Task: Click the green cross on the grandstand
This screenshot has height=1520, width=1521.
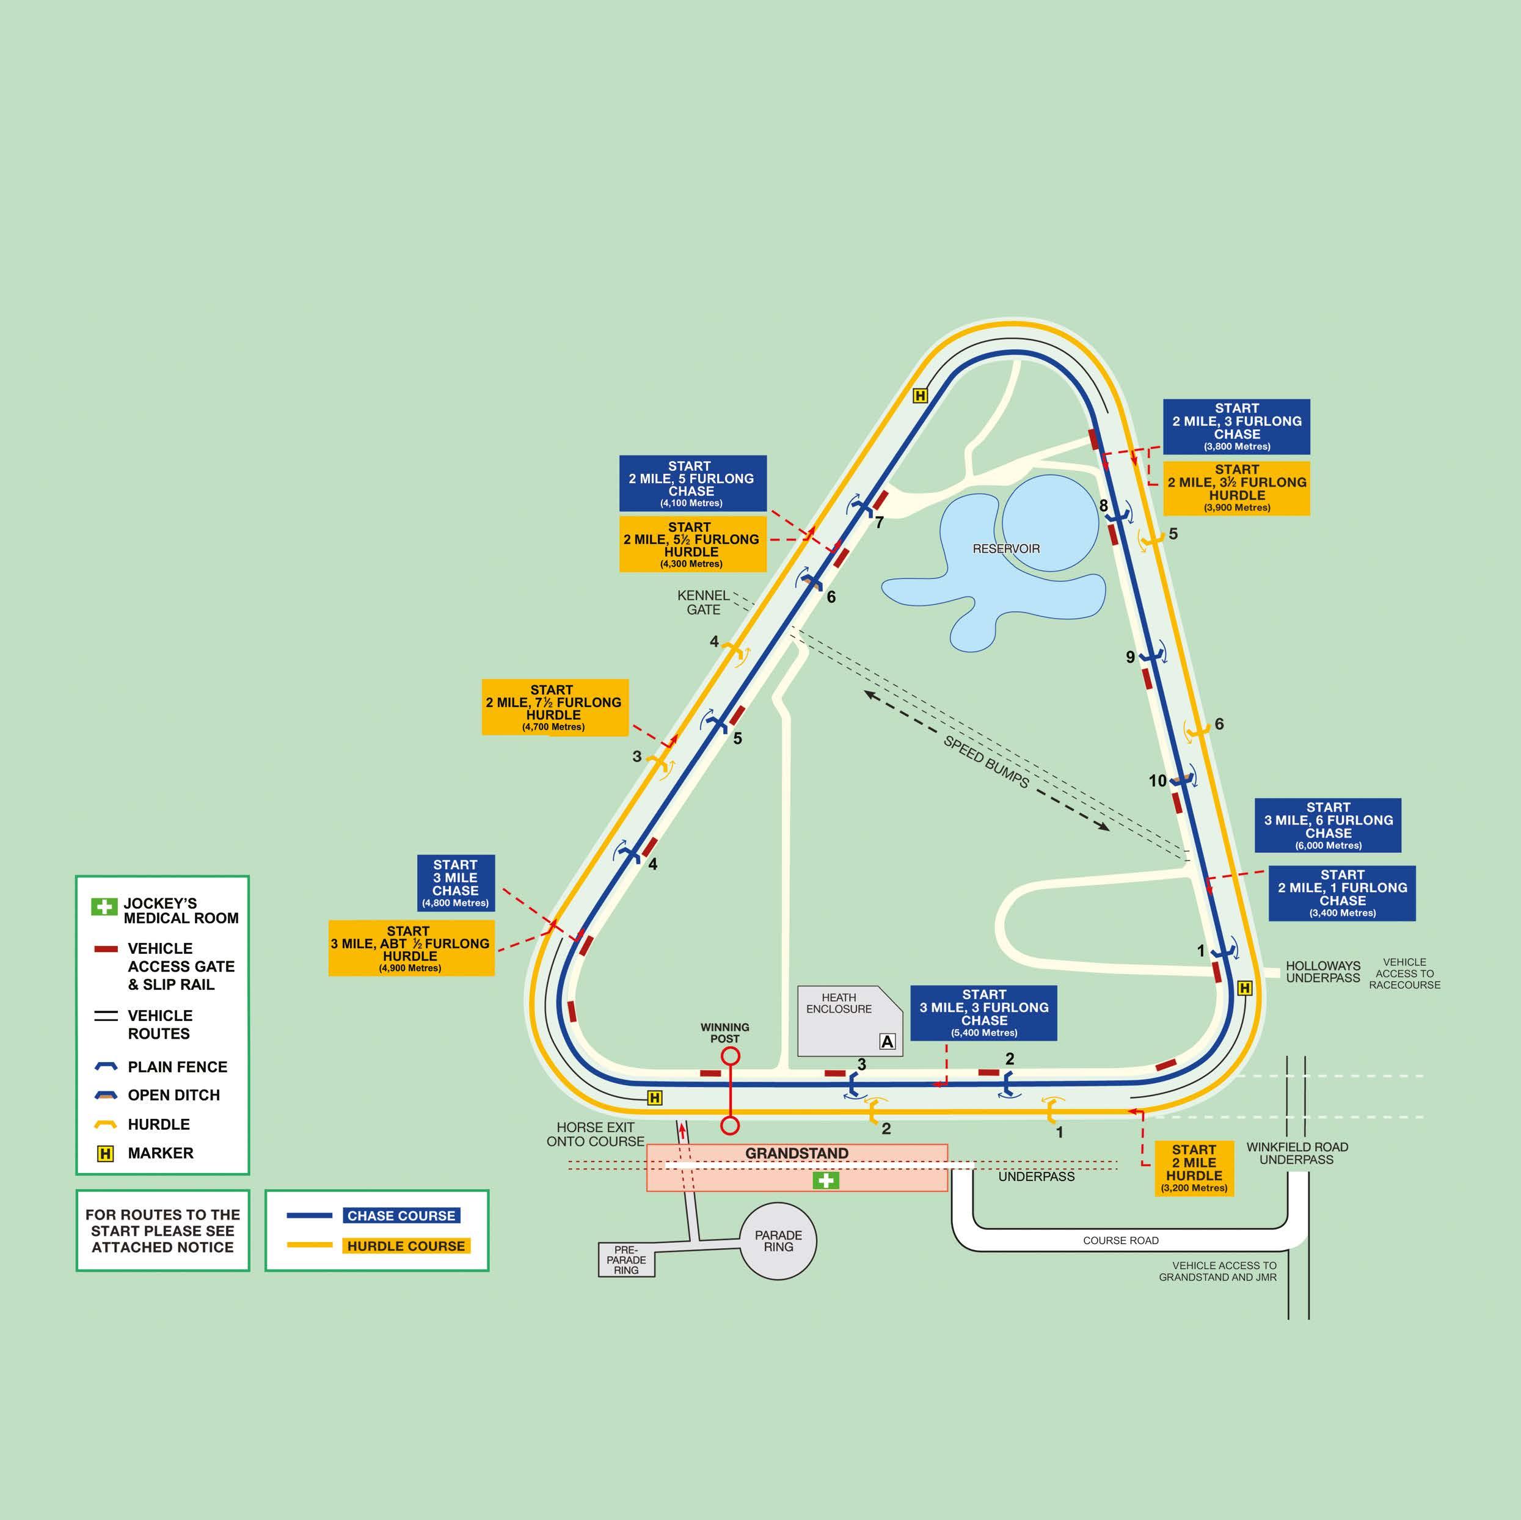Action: (825, 1180)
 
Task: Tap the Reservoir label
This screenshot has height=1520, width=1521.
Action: (1006, 548)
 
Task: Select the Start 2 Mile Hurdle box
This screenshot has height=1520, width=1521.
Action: (1194, 1169)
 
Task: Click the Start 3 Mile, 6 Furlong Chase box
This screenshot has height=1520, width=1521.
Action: (1327, 826)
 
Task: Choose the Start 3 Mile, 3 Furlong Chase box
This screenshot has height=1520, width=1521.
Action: (983, 1013)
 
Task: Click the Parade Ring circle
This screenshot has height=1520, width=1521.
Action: (778, 1242)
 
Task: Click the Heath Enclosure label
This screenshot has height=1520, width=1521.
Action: (839, 1003)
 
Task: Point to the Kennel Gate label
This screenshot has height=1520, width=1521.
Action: (703, 603)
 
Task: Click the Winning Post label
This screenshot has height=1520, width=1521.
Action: (724, 1033)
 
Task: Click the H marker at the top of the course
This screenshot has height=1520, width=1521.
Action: (919, 396)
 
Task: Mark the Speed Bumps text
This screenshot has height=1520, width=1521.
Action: (986, 762)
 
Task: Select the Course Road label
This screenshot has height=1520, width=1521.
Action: (1120, 1240)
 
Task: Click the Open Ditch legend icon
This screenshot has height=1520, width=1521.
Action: (106, 1095)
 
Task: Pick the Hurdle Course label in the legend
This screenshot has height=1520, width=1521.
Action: (406, 1246)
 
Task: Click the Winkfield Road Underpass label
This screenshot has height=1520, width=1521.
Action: (1297, 1153)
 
